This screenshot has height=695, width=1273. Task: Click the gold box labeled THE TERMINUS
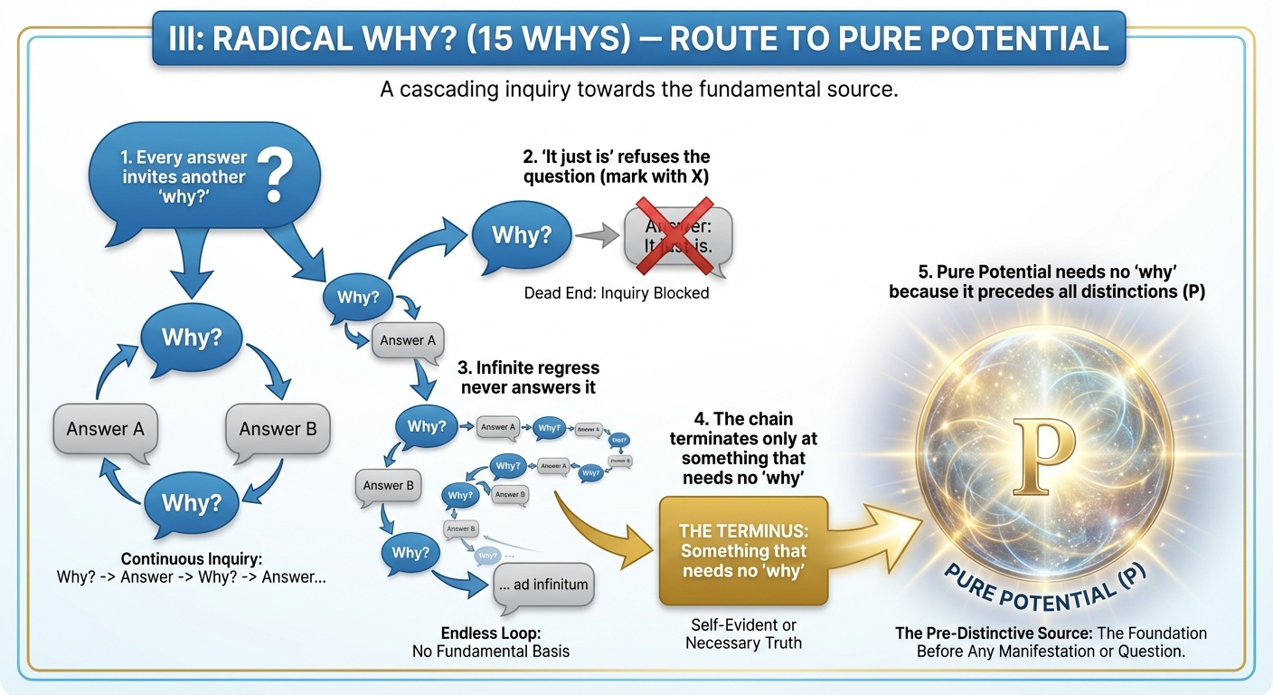coord(743,550)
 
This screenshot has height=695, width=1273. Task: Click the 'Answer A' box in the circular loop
coord(105,429)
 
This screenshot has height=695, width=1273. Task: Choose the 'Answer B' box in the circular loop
coord(278,429)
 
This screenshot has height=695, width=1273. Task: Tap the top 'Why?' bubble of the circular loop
coord(190,338)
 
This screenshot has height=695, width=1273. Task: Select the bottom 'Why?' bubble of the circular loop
coord(190,501)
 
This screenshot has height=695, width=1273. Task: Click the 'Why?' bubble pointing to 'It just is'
coord(522,235)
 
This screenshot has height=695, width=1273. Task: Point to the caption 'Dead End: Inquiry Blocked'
coord(617,293)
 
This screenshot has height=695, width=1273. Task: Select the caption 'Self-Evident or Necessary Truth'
coord(743,634)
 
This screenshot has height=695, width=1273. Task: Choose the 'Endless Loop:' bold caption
coord(490,633)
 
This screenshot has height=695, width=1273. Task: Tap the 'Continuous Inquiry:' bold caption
coord(191,559)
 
